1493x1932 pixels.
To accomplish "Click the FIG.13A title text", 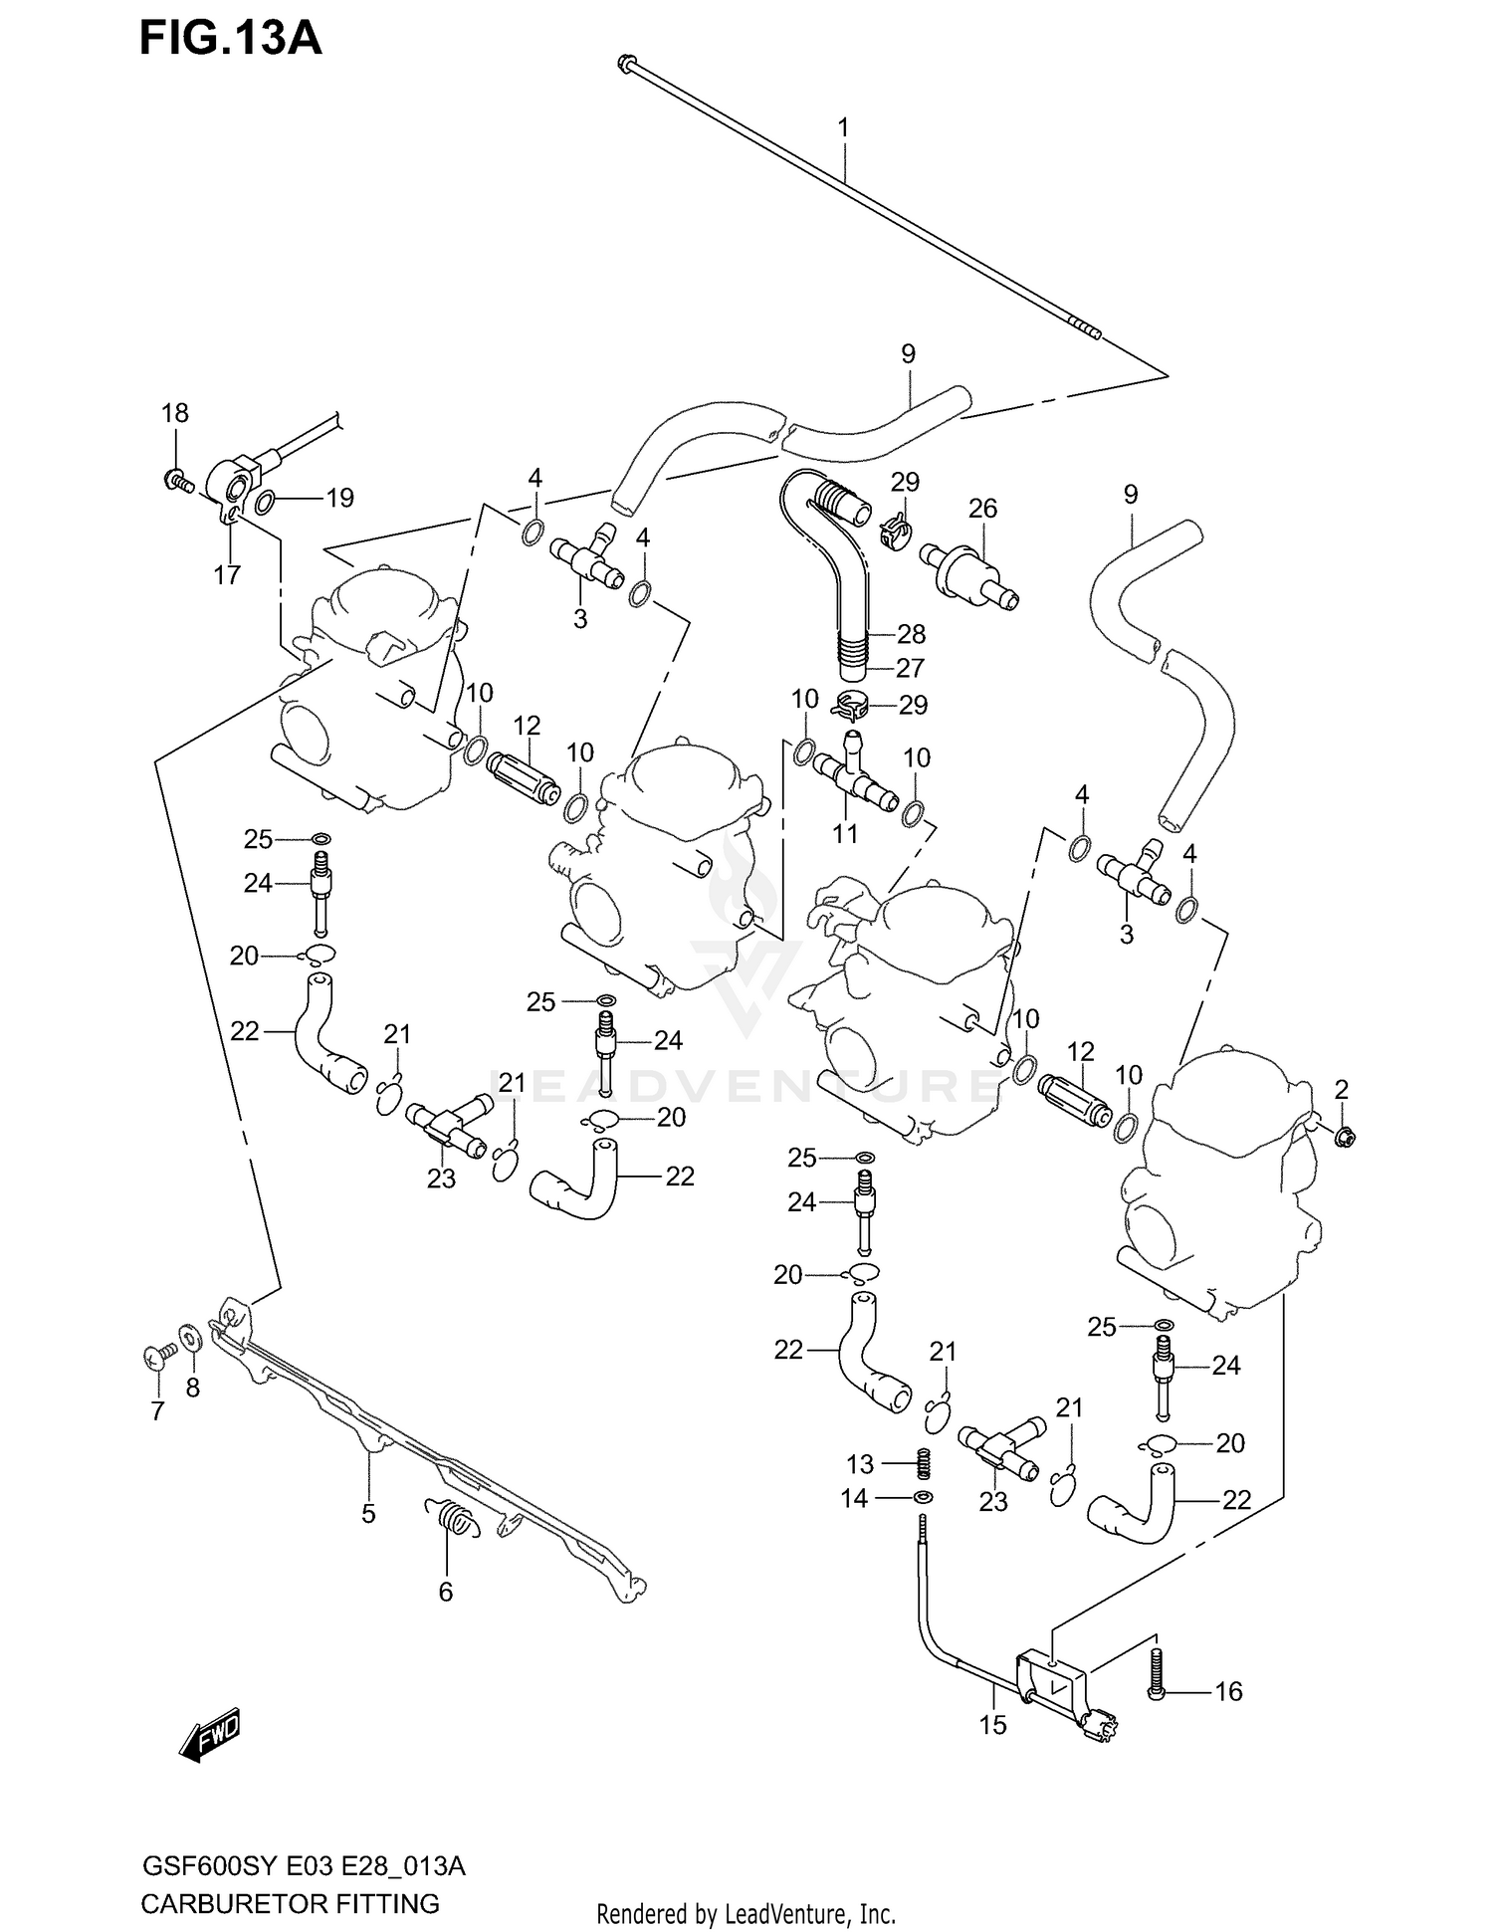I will (x=230, y=40).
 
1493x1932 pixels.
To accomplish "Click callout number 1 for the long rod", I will (x=843, y=127).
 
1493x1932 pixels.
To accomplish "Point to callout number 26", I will (x=982, y=509).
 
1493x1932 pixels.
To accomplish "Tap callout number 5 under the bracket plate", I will (x=368, y=1514).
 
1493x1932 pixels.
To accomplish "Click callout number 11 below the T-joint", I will (x=845, y=832).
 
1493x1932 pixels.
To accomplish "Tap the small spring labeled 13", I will (x=923, y=1463).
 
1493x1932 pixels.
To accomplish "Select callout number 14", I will (x=855, y=1498).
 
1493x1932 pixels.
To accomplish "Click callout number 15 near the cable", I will (x=992, y=1725).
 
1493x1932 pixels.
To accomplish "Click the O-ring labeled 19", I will (x=266, y=503).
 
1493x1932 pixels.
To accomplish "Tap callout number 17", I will (x=227, y=574).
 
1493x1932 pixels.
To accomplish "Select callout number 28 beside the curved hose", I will (x=911, y=634).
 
